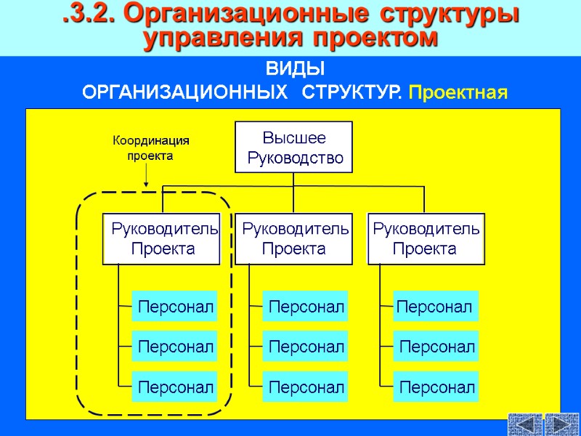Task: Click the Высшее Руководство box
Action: pyautogui.click(x=293, y=147)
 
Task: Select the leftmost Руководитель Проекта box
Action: pyautogui.click(x=163, y=239)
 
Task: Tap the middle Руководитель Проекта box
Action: pyautogui.click(x=293, y=239)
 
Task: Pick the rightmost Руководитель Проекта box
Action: pyautogui.click(x=426, y=239)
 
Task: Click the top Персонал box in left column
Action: pyautogui.click(x=174, y=307)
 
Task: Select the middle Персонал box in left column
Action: pyautogui.click(x=174, y=347)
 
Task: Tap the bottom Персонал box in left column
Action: pyautogui.click(x=174, y=387)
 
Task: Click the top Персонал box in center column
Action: pyautogui.click(x=305, y=307)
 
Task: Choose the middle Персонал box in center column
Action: pyautogui.click(x=305, y=347)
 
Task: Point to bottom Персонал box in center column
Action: pyautogui.click(x=305, y=387)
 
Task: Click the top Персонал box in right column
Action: pyautogui.click(x=434, y=307)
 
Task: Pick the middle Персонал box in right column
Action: pyautogui.click(x=436, y=347)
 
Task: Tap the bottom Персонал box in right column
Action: pyautogui.click(x=436, y=387)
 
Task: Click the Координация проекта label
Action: pyautogui.click(x=150, y=148)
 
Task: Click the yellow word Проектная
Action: pyautogui.click(x=457, y=93)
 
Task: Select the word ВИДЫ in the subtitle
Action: pyautogui.click(x=295, y=70)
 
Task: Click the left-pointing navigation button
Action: pyautogui.click(x=526, y=424)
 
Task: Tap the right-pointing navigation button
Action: pyautogui.click(x=561, y=424)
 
